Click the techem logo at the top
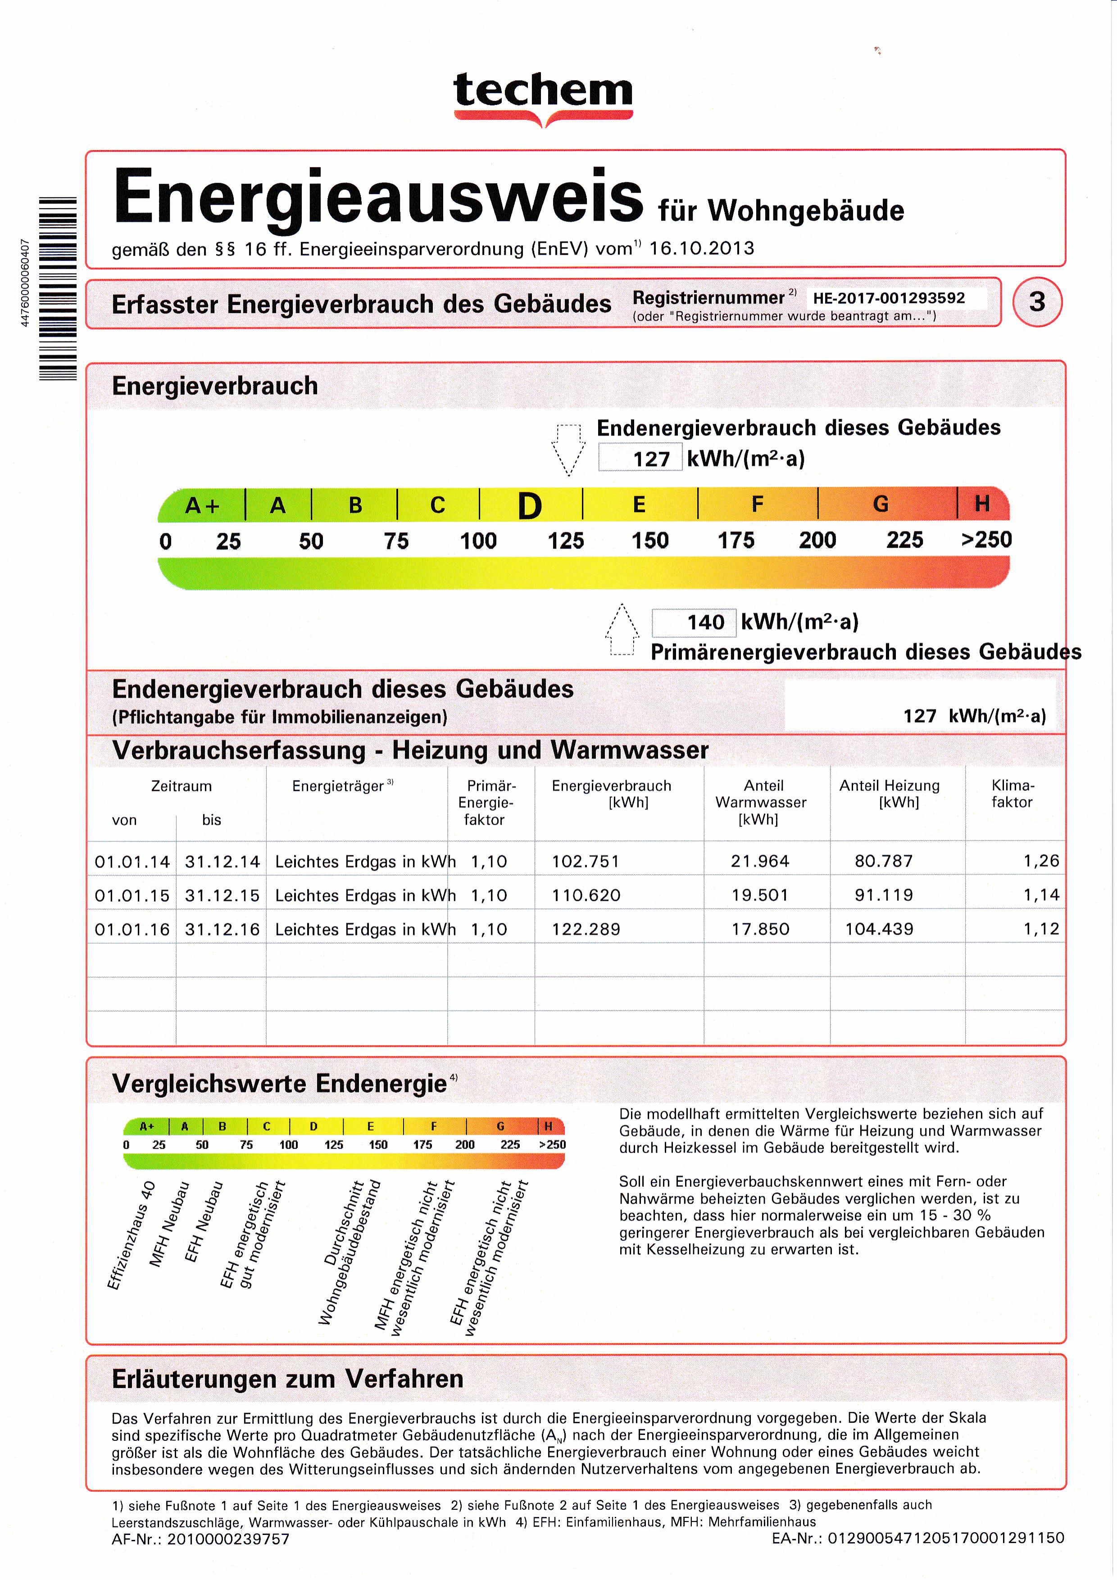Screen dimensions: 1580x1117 click(x=543, y=97)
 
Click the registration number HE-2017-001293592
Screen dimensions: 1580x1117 click(x=889, y=298)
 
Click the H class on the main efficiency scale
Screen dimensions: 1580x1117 click(x=982, y=504)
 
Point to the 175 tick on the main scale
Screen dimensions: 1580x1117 click(x=736, y=540)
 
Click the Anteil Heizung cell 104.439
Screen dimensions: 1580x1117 click(x=880, y=929)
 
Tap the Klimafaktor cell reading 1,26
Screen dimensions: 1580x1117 click(x=1040, y=861)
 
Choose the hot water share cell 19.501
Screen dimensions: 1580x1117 click(x=760, y=895)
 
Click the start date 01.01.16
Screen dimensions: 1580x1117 click(x=132, y=930)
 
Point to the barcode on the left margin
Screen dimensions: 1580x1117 click(x=57, y=288)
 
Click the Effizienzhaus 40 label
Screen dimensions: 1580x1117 click(x=132, y=1235)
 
